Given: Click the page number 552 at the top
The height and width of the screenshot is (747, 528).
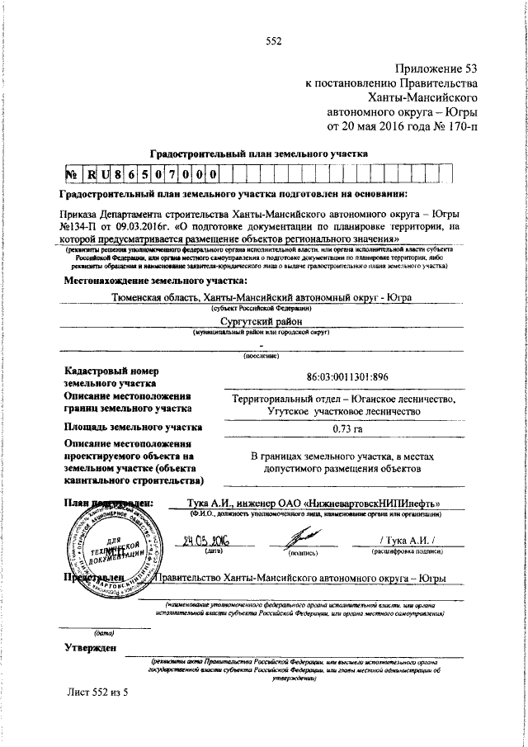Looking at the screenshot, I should pyautogui.click(x=274, y=41).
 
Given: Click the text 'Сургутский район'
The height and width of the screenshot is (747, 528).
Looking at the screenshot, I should pyautogui.click(x=262, y=322).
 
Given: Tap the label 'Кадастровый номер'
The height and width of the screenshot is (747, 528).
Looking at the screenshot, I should pyautogui.click(x=111, y=371).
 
